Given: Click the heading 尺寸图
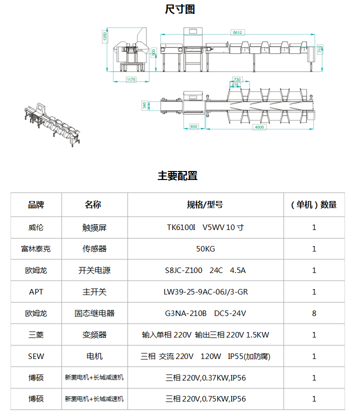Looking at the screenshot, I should pyautogui.click(x=180, y=9).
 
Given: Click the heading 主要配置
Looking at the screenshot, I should pyautogui.click(x=178, y=176).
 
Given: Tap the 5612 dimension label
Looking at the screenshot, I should pyautogui.click(x=237, y=32).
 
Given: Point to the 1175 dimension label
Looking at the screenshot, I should pyautogui.click(x=131, y=79).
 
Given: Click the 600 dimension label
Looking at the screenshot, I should pyautogui.click(x=194, y=126).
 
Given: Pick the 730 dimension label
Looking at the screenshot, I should pyautogui.click(x=237, y=79).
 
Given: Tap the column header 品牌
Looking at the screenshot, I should pyautogui.click(x=36, y=204).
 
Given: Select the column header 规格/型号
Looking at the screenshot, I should pyautogui.click(x=205, y=204).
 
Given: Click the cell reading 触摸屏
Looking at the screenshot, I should pyautogui.click(x=94, y=227).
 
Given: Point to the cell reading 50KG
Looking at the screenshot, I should pyautogui.click(x=205, y=249).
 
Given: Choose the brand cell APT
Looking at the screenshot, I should pyautogui.click(x=36, y=292).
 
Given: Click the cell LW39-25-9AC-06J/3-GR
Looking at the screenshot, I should pyautogui.click(x=205, y=292).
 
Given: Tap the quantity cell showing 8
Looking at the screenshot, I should pyautogui.click(x=314, y=313).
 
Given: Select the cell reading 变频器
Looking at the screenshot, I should pyautogui.click(x=94, y=335).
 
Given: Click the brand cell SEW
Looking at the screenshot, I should pyautogui.click(x=36, y=356).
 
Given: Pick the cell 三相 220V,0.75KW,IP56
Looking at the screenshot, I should pyautogui.click(x=205, y=399).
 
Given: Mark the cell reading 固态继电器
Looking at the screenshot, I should pyautogui.click(x=94, y=313).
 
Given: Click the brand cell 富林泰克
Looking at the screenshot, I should pyautogui.click(x=36, y=249).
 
